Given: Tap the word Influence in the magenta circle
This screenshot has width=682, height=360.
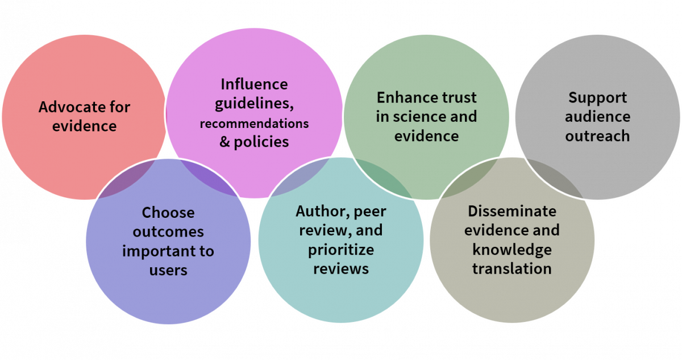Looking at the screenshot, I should pyautogui.click(x=254, y=84).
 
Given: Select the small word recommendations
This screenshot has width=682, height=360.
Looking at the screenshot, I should pyautogui.click(x=254, y=123).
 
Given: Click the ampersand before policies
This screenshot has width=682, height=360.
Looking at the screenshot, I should pyautogui.click(x=224, y=142).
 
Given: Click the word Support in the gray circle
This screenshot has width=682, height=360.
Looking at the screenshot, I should pyautogui.click(x=597, y=98).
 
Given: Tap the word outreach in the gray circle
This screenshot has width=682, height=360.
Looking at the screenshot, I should pyautogui.click(x=597, y=136).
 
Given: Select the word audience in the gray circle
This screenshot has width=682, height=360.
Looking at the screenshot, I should pyautogui.click(x=597, y=117).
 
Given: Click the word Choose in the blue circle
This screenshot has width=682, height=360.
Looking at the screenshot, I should pyautogui.click(x=168, y=213).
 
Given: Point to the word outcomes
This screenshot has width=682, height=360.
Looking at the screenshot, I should pyautogui.click(x=168, y=232).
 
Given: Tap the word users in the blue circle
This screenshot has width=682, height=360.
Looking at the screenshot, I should pyautogui.click(x=168, y=270).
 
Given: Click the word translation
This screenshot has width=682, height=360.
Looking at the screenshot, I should pyautogui.click(x=511, y=268).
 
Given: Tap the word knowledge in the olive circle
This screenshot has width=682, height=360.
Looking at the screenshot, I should pyautogui.click(x=511, y=250).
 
